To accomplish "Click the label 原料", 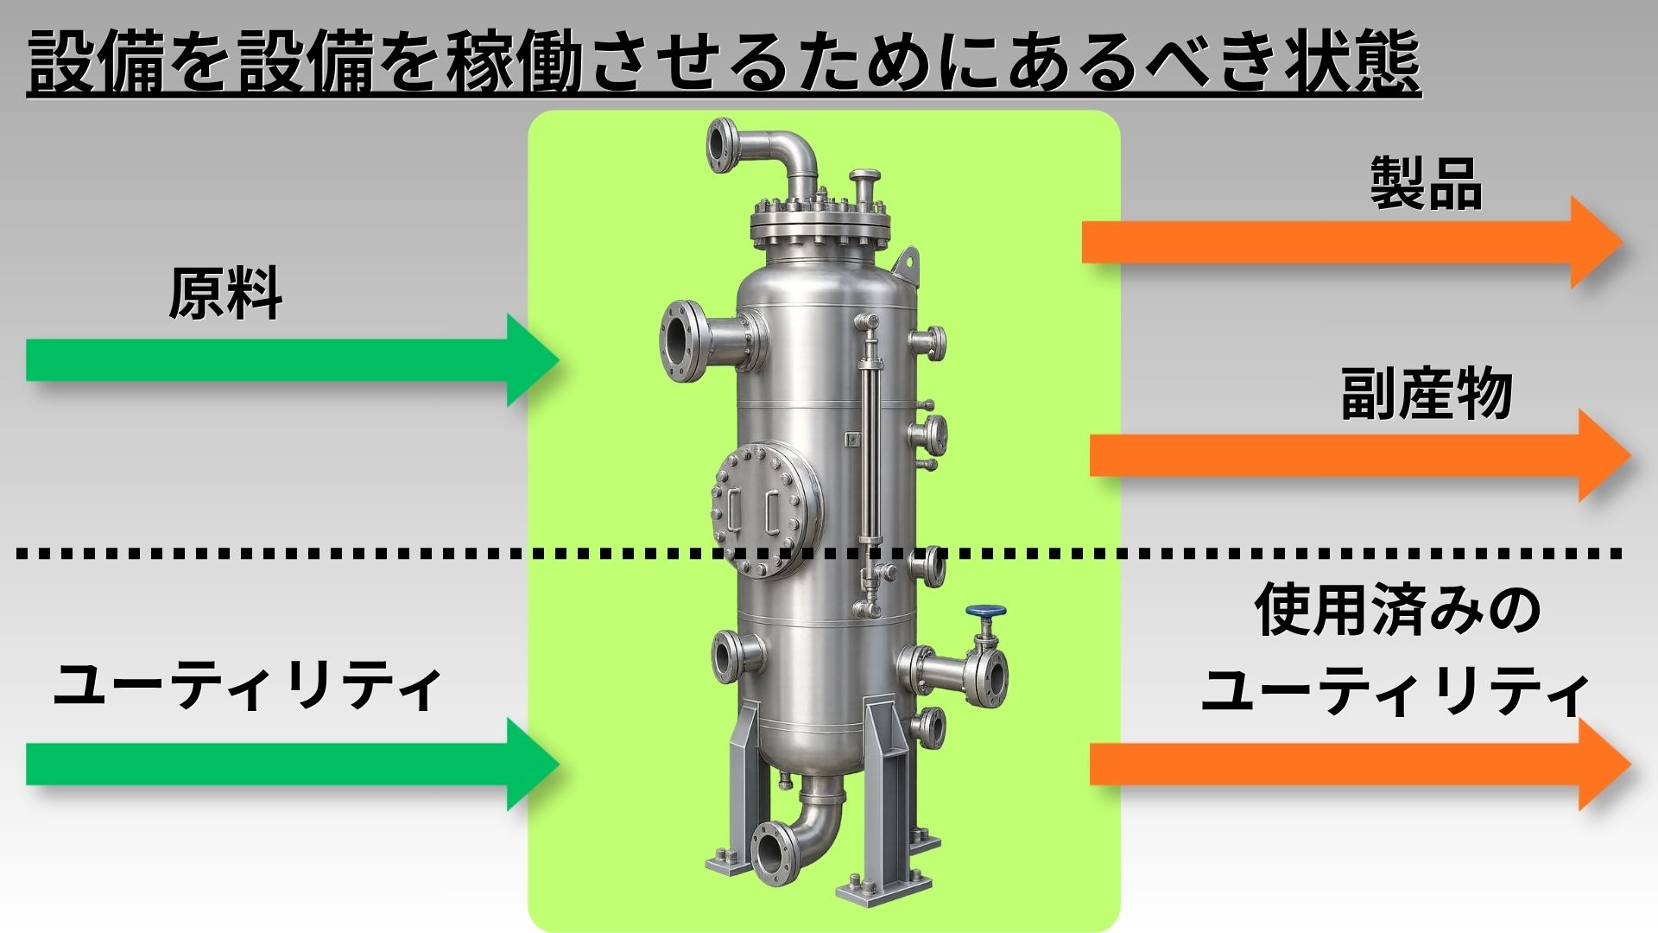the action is (225, 294).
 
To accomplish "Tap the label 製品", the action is (1426, 183).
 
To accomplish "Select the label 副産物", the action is (1427, 394).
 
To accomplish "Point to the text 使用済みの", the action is (1397, 609).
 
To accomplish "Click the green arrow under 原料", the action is (293, 360).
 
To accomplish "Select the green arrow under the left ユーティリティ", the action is (293, 764).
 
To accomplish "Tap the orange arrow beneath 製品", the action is (1353, 242).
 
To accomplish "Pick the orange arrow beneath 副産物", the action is (1360, 455).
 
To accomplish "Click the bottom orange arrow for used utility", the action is (1360, 764).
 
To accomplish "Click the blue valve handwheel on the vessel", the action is (985, 611).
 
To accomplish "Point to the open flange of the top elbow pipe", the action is (718, 145).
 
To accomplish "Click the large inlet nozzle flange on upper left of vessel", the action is (684, 344).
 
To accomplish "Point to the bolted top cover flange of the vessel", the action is (820, 222).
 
